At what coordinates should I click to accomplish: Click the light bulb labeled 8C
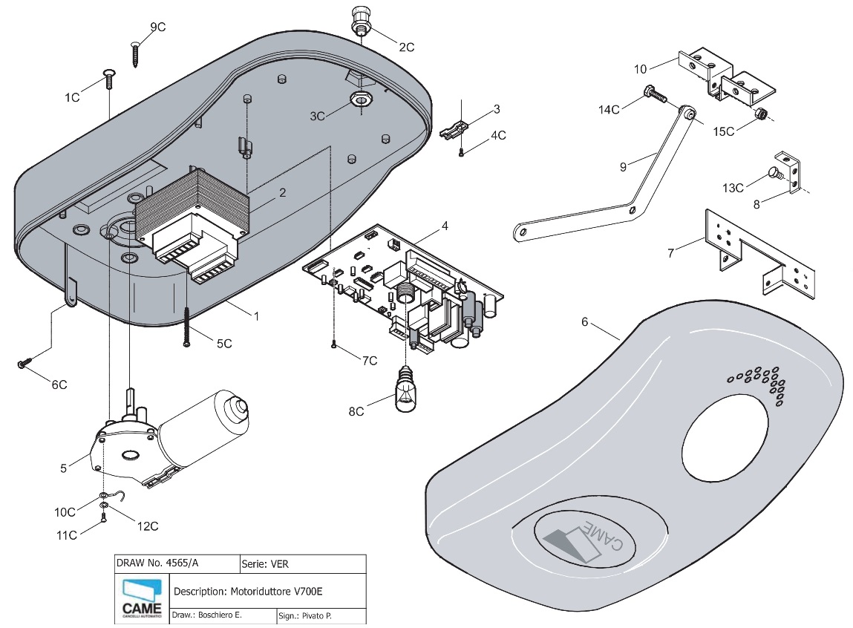[x=406, y=390]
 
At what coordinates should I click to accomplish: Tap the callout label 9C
[x=157, y=27]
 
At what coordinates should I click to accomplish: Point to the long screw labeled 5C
[x=186, y=327]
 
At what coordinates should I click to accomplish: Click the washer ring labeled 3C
[x=361, y=99]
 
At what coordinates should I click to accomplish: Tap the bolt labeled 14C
[x=653, y=94]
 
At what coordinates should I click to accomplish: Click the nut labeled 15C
[x=760, y=114]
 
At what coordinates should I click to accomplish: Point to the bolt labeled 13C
[x=774, y=173]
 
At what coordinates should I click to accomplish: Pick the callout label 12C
[x=148, y=526]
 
